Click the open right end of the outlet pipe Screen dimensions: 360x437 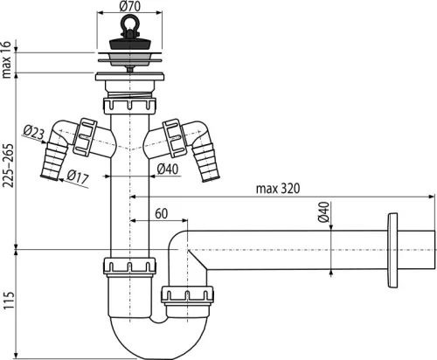[x=432, y=250]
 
